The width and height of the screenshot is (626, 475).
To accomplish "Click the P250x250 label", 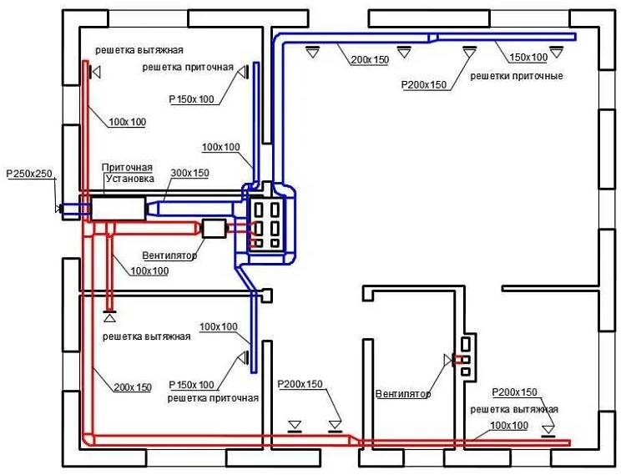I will tap(29, 174).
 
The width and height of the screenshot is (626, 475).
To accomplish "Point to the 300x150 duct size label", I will tap(189, 173).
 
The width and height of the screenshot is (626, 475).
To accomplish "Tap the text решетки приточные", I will tap(516, 76).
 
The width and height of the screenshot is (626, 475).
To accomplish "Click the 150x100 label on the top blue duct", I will tap(528, 57).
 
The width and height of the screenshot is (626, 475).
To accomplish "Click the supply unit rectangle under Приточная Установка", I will tap(118, 208).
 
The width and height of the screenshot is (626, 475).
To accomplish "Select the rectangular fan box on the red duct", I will tap(215, 228).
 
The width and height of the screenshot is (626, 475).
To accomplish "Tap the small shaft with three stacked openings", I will tap(466, 355).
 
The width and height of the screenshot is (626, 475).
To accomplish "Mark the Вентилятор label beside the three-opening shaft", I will tap(402, 394).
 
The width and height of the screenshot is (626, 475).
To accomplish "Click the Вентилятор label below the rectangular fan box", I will tap(169, 255).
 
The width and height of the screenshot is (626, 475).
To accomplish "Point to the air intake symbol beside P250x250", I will tap(59, 207).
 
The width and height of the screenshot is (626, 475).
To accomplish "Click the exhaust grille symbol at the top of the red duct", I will tap(96, 73).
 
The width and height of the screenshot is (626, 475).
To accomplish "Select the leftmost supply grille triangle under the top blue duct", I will tap(312, 52).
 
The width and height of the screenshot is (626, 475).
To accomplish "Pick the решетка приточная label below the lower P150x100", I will tap(213, 398).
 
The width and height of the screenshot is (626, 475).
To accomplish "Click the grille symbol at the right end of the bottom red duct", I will tap(548, 430).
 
